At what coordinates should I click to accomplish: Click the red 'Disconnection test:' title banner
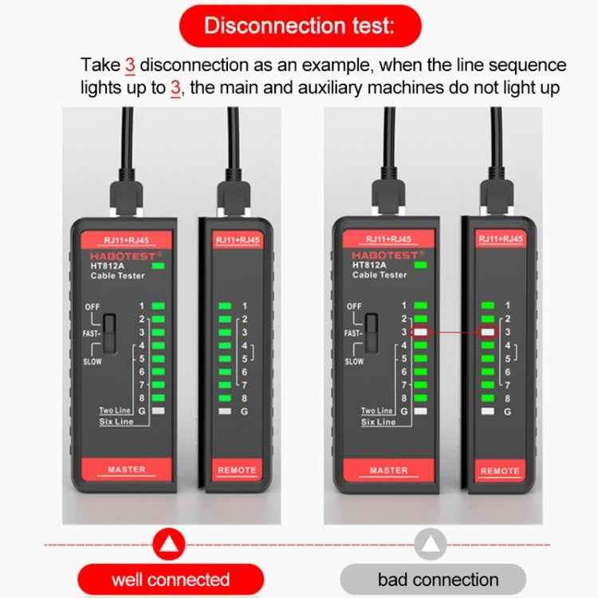[x=299, y=26]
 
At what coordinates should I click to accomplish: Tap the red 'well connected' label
[x=170, y=579]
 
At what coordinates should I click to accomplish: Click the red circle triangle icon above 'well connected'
[x=168, y=545]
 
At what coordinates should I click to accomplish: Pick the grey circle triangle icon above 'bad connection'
[x=430, y=545]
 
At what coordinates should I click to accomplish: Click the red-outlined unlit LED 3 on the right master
[x=421, y=332]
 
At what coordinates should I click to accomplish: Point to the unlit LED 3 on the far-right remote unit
[x=487, y=332]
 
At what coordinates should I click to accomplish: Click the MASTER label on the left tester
[x=127, y=470]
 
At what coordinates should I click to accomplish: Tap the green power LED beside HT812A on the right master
[x=420, y=265]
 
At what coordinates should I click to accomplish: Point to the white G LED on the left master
[x=158, y=411]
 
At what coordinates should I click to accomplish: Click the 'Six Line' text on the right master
[x=378, y=422]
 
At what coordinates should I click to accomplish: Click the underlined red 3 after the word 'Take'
[x=130, y=65]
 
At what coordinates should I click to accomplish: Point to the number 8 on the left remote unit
[x=244, y=398]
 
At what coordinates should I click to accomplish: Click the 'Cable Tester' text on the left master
[x=117, y=275]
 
